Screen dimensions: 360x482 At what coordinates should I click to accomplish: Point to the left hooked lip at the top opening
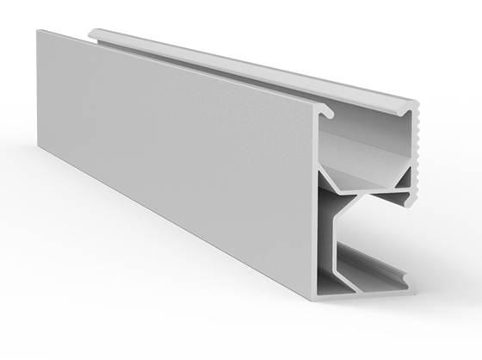coord(325,111)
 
